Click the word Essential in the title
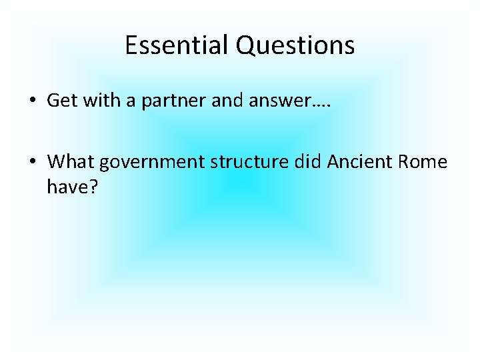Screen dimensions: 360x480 tap(177, 45)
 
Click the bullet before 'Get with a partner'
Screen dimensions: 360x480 tap(32, 101)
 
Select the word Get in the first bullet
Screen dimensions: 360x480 tap(59, 101)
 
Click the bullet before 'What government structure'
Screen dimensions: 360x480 tap(32, 161)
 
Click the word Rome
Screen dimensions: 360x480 tap(423, 161)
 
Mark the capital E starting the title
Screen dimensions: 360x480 tap(130, 45)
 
